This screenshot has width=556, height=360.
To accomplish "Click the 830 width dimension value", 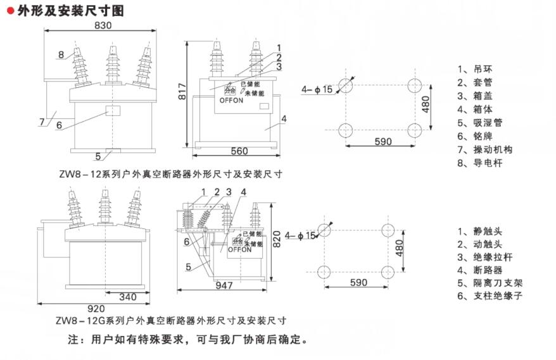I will point(103,26).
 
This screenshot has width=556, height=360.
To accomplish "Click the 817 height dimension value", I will point(182,93).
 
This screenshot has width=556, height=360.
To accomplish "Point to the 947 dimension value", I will point(224,285).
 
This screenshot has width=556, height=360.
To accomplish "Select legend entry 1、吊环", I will point(474,69).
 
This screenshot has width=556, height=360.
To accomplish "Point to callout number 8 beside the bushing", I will point(61,54).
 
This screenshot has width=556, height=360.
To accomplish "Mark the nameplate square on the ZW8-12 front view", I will point(113,112).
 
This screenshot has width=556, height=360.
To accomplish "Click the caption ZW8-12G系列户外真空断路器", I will point(171,320).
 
